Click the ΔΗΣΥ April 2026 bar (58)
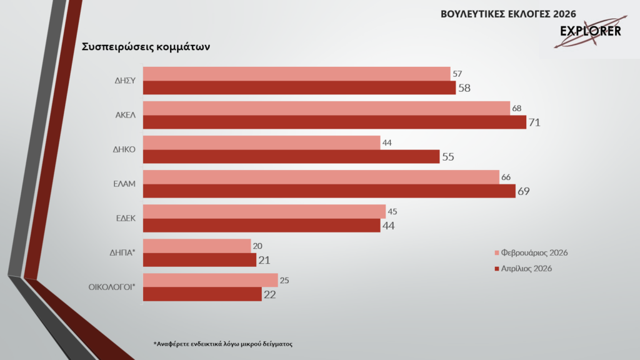point(299,88)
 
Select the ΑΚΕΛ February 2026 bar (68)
point(326,109)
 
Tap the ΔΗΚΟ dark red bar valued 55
point(291,157)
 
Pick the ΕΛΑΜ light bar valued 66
point(321,177)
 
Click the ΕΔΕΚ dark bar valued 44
point(262,226)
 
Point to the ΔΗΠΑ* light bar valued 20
point(197,246)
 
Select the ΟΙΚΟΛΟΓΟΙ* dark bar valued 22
point(202,294)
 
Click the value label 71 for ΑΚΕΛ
point(534,122)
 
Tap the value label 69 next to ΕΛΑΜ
point(524,191)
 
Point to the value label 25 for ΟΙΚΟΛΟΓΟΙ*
point(284,281)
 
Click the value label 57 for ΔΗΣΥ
point(457,74)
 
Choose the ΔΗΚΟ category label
point(125,150)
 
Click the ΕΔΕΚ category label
point(126,219)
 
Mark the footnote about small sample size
point(223,344)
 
